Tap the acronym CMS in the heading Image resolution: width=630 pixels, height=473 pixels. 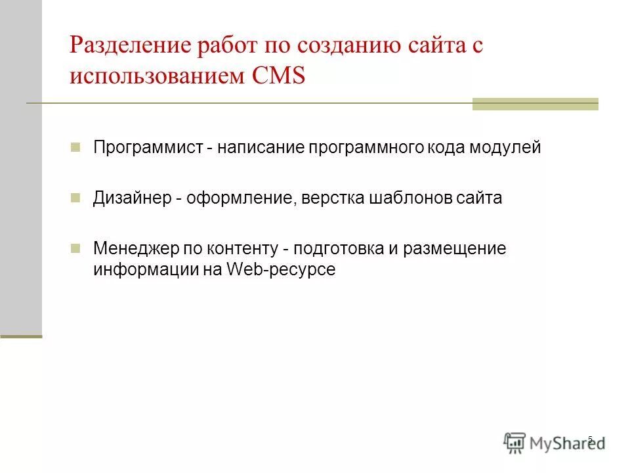[279, 76]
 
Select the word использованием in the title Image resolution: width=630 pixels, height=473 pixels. [156, 76]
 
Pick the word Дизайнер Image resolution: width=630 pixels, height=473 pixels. [130, 198]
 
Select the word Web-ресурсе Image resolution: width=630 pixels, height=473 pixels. [281, 270]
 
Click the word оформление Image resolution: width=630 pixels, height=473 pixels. [237, 198]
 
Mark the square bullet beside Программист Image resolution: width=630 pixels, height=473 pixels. [75, 146]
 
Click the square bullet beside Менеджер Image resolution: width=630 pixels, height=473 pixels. [75, 248]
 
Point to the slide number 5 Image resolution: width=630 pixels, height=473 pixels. [591, 439]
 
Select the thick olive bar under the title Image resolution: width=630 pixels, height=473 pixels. [535, 104]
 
